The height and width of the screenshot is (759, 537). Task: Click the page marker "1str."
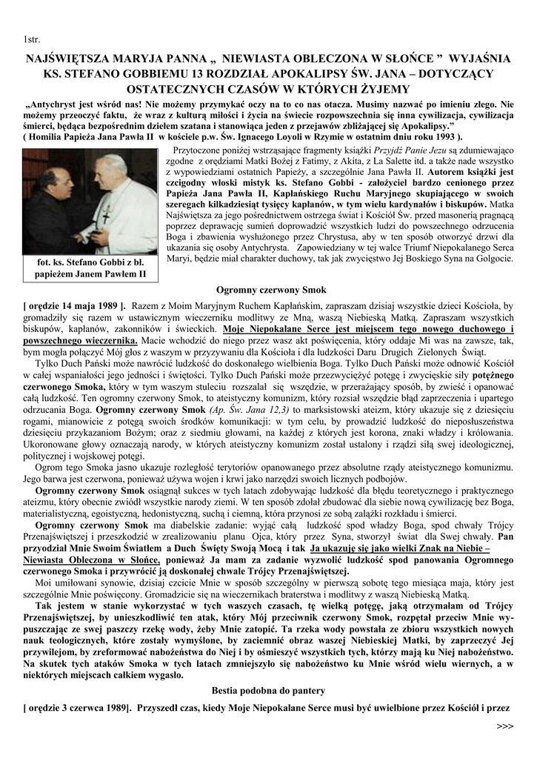coord(33,39)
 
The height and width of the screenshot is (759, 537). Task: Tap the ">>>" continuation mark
coord(504,726)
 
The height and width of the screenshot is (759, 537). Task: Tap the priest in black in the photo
coord(56,208)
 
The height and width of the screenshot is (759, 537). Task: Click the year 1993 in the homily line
coord(440,136)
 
